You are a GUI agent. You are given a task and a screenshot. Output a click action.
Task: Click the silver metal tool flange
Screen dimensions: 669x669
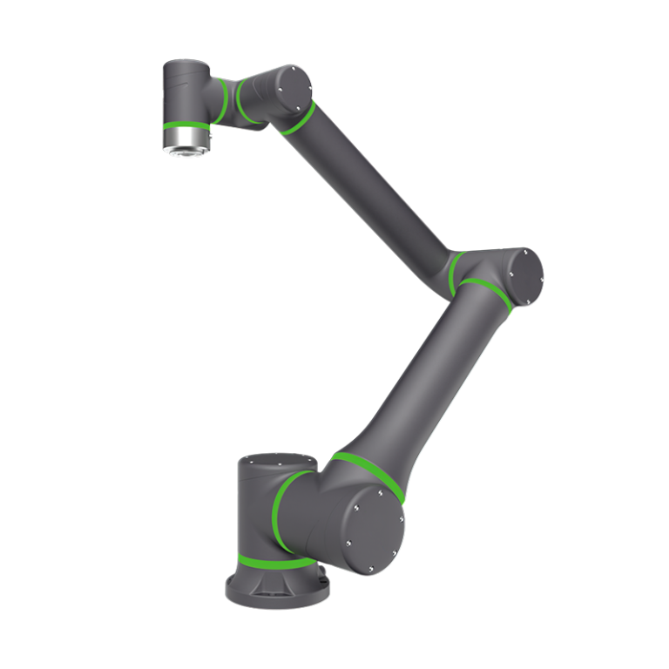point(186,139)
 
